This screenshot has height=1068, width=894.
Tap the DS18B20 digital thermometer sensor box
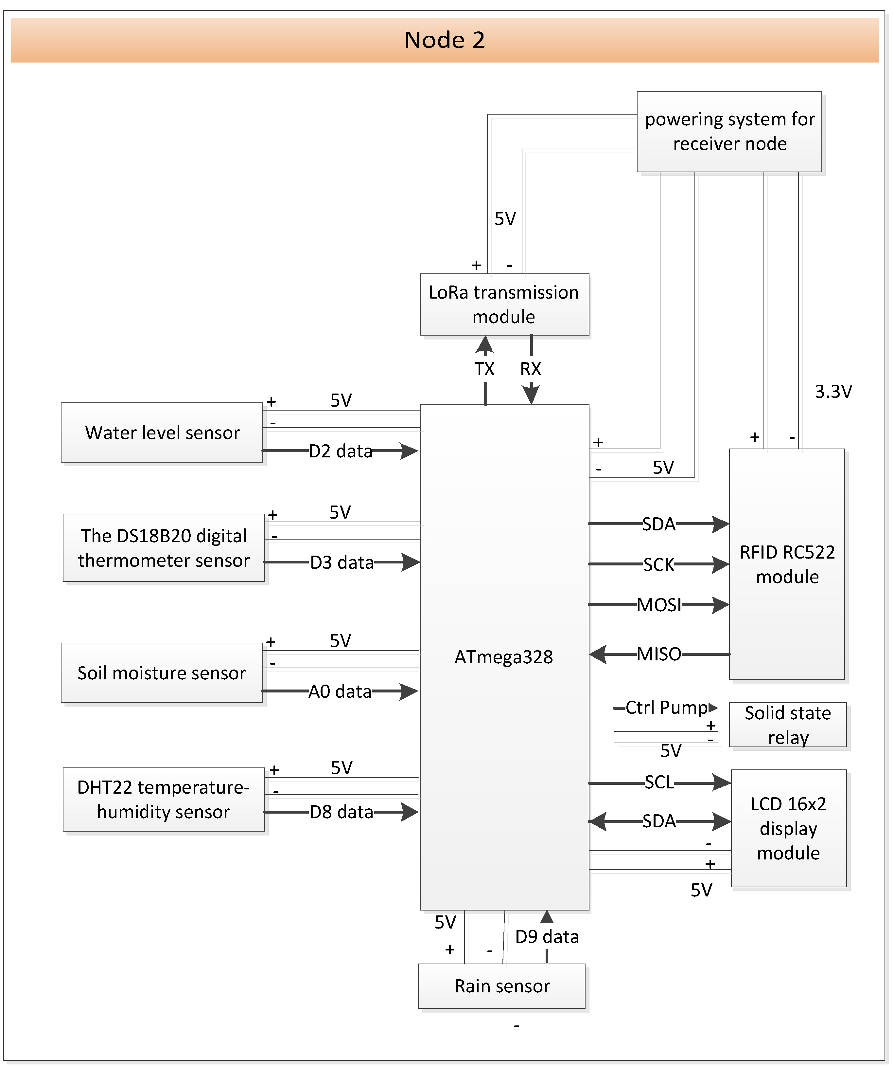pyautogui.click(x=164, y=548)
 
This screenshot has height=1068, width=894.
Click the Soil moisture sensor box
pyautogui.click(x=162, y=673)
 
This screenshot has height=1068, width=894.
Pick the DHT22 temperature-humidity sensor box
pyautogui.click(x=164, y=800)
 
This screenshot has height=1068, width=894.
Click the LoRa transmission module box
pyautogui.click(x=504, y=304)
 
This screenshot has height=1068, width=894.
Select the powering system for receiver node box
pyautogui.click(x=729, y=132)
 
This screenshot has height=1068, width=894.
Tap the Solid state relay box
pyautogui.click(x=787, y=725)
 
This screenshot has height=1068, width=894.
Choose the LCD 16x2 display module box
pyautogui.click(x=788, y=828)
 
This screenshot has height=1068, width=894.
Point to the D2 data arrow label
pyautogui.click(x=341, y=451)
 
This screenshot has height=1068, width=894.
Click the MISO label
pyautogui.click(x=659, y=654)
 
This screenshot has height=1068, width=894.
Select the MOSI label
pyautogui.click(x=659, y=605)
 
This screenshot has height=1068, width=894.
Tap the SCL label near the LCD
pyautogui.click(x=659, y=782)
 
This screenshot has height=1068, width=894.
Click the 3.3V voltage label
pyautogui.click(x=833, y=392)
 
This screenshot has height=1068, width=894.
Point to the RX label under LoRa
pyautogui.click(x=531, y=369)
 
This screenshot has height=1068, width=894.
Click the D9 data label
pyautogui.click(x=547, y=937)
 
